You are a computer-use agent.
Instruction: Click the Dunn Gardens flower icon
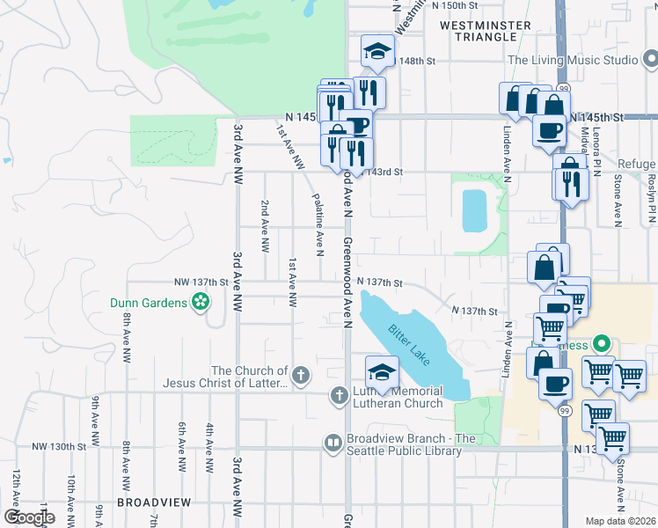pos(201,303)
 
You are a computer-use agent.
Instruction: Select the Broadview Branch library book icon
pos(333,444)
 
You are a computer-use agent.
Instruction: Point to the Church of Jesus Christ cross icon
pos(300,376)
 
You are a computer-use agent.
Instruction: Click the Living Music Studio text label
pos(572,61)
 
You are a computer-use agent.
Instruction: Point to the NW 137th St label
pos(201,282)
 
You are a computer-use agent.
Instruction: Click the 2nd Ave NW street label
pos(265,226)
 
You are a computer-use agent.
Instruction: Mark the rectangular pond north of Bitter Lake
pos(474,211)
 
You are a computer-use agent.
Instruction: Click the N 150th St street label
pos(454,5)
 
